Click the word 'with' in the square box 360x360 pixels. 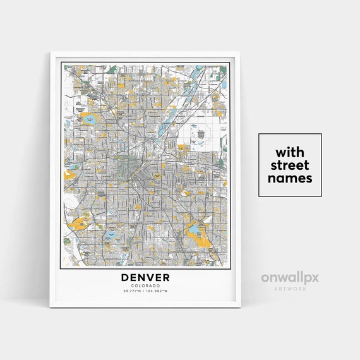(x=291, y=152)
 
